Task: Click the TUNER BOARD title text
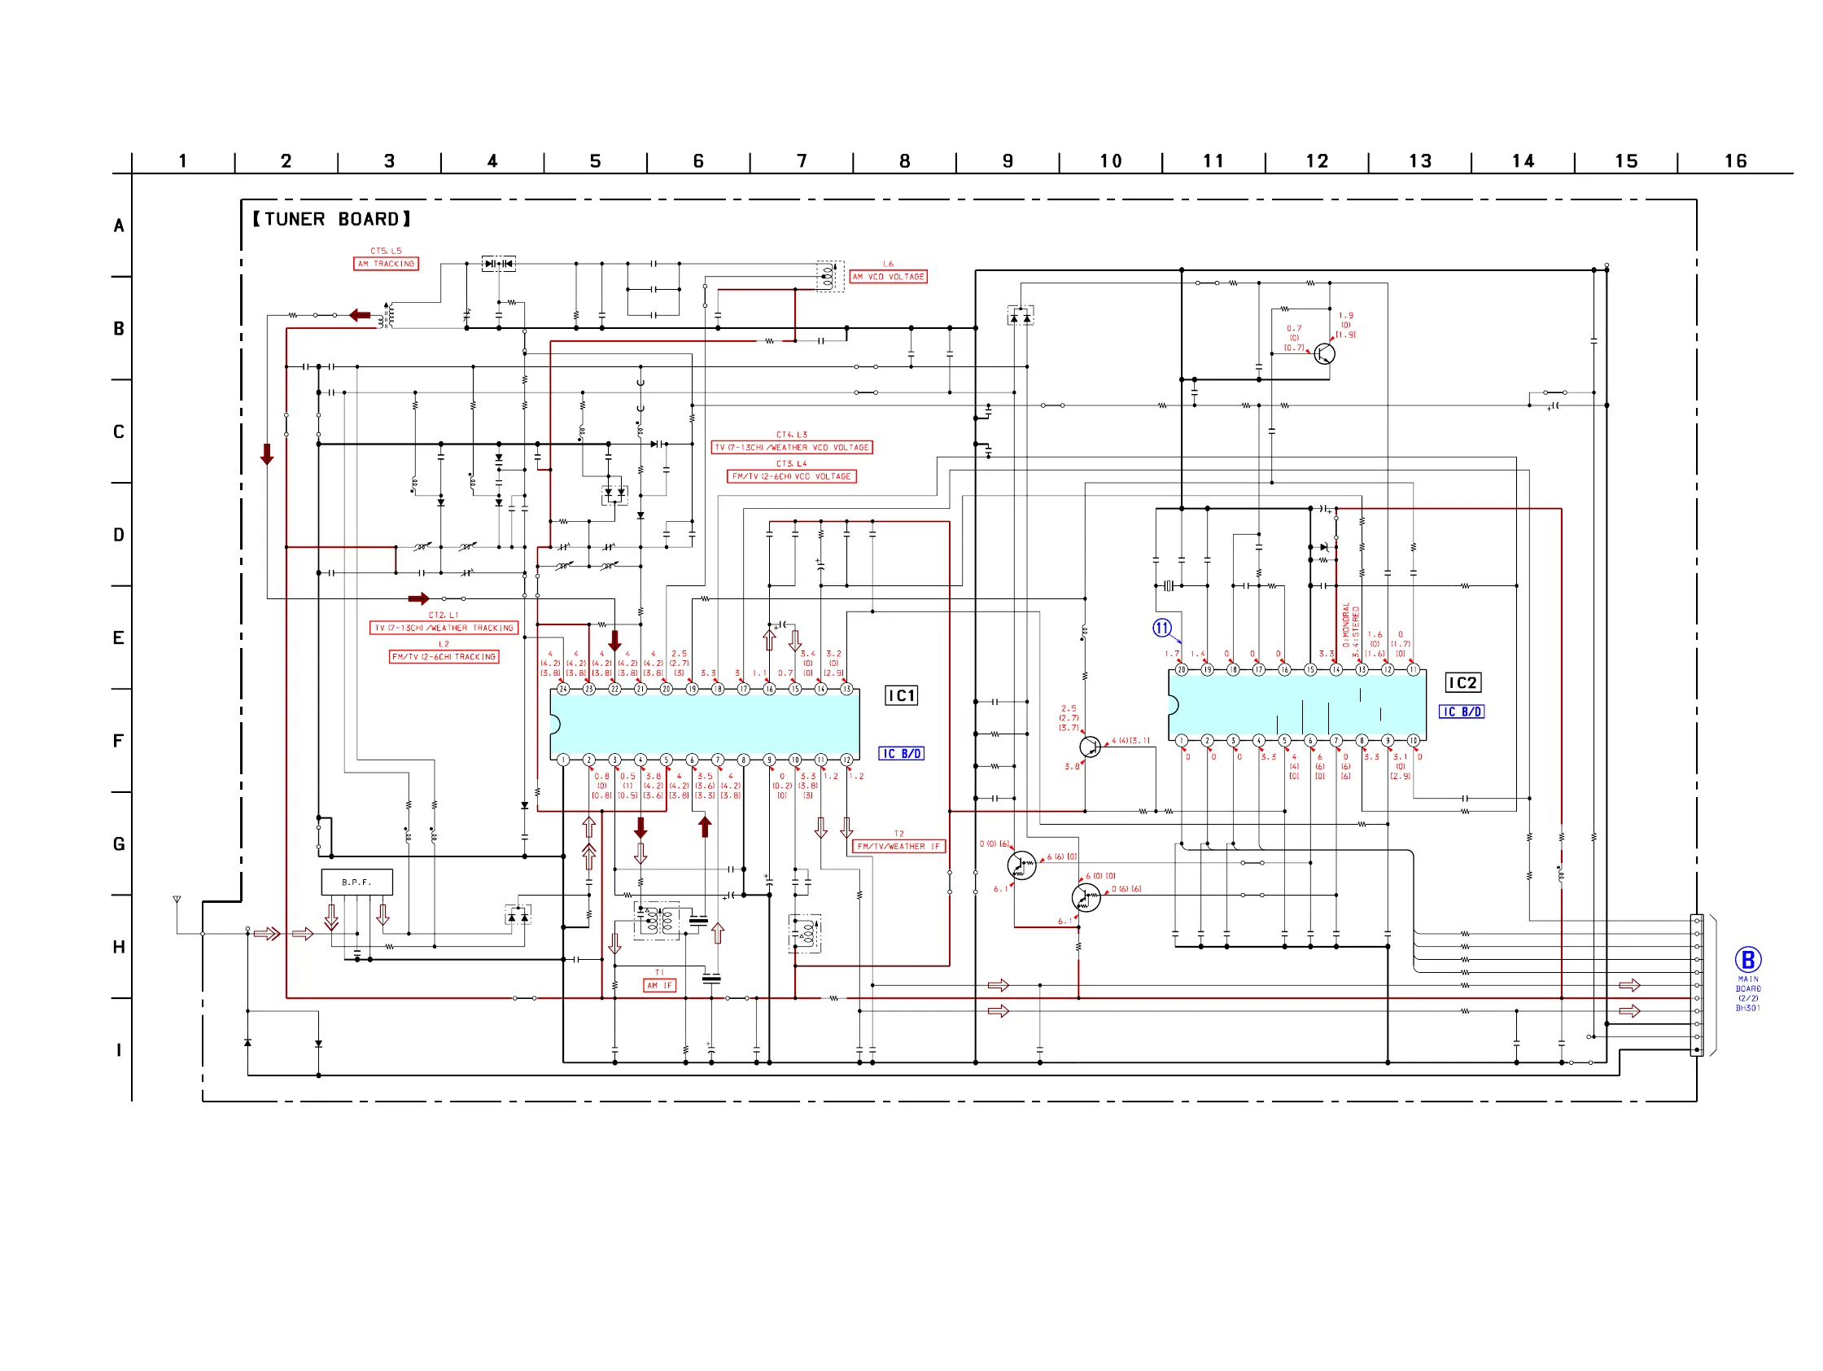coord(331,219)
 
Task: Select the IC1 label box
coord(901,696)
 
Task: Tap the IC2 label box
coord(1462,682)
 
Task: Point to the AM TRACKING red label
coord(386,264)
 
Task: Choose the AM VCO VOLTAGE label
coord(889,277)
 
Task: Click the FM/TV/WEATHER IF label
coord(898,847)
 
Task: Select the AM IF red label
coord(659,985)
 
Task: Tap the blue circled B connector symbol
coord(1747,960)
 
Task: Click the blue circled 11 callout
coord(1162,629)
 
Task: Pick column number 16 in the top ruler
coord(1736,161)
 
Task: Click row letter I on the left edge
coord(119,1050)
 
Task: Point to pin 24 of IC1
coord(564,690)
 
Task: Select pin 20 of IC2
coord(1182,670)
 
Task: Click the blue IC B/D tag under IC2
coord(1461,712)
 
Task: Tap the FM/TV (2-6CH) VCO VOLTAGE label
coord(791,476)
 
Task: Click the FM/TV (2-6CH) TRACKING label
coord(444,657)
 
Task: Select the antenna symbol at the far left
coord(177,900)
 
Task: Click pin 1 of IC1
coord(564,760)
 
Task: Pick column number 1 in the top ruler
coord(183,161)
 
